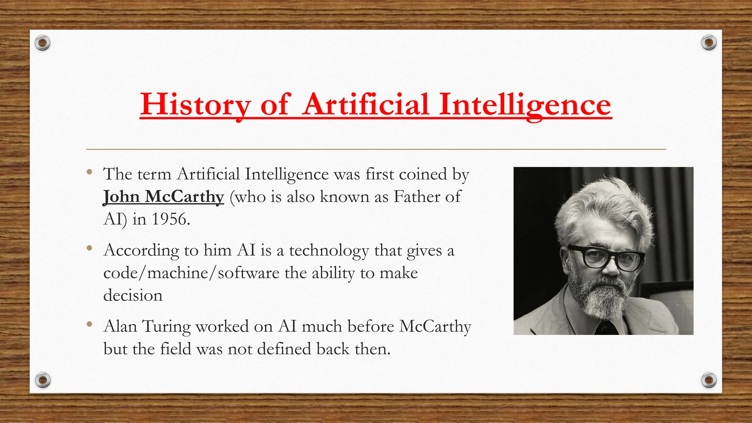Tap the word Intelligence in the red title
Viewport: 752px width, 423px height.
(525, 105)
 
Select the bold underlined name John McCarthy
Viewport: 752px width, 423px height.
(163, 197)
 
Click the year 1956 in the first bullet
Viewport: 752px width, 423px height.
(171, 220)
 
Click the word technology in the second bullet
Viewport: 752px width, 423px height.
(329, 251)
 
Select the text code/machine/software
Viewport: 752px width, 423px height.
(191, 273)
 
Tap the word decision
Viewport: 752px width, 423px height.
(133, 296)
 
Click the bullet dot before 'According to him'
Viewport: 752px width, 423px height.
(89, 248)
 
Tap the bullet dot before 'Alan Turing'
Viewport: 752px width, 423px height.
(89, 324)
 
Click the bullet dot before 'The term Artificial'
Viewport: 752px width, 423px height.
(89, 172)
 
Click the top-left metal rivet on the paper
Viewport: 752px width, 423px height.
(43, 43)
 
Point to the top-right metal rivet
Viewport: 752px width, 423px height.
(709, 43)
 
